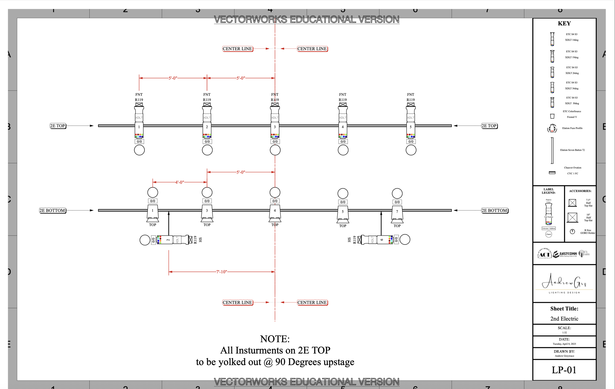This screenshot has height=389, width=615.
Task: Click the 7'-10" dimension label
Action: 221,272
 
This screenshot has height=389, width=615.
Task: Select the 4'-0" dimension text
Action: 180,182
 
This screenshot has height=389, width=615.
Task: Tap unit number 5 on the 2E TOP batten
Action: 411,127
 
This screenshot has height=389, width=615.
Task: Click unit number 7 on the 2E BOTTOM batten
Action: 397,212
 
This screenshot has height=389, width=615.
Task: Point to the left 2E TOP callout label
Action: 58,126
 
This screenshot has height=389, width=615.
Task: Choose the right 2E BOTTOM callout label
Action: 495,211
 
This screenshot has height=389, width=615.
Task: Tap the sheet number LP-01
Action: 564,370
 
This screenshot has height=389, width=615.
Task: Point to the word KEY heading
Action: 564,24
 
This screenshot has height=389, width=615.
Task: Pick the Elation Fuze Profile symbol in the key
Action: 552,128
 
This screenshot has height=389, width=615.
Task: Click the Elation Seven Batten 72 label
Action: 572,150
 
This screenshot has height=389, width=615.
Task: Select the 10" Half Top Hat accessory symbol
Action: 572,217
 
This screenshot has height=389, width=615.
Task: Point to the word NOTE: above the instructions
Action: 275,339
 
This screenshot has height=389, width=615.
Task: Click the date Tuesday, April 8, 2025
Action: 564,344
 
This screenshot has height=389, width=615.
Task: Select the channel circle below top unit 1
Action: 139,150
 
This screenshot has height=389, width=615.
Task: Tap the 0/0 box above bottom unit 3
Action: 207,201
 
